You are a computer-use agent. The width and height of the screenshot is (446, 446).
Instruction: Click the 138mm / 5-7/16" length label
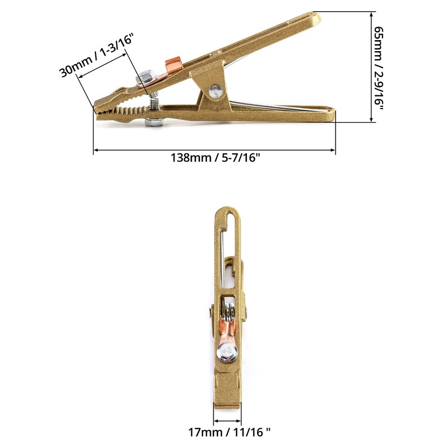(215, 158)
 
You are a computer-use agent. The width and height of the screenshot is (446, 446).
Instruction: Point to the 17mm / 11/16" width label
(228, 432)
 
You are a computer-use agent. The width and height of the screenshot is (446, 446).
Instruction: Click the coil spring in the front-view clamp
(228, 307)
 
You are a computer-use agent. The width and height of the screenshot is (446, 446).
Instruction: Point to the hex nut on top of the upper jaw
(146, 76)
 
